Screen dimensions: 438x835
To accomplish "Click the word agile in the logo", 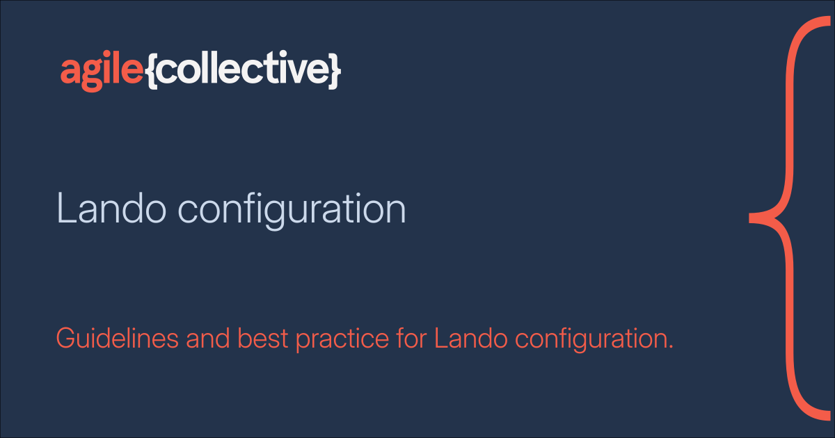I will point(102,70).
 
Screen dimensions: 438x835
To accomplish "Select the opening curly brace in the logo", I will point(152,71).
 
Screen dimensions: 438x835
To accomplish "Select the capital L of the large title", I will point(64,209).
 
